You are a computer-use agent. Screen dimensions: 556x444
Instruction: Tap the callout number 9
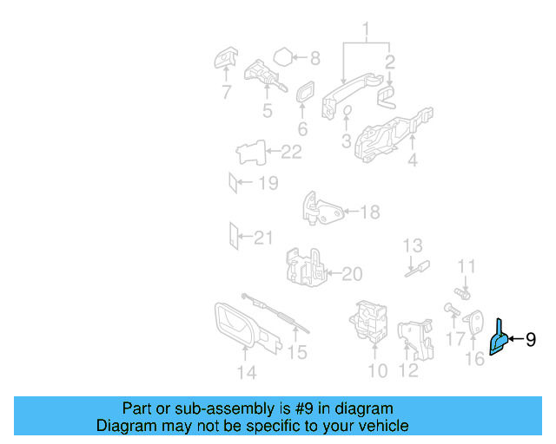click(531, 340)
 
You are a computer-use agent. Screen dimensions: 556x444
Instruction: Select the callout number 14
click(247, 373)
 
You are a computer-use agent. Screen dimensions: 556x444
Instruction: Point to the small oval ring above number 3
click(347, 110)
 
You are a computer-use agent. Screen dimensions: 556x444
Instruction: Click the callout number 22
click(291, 152)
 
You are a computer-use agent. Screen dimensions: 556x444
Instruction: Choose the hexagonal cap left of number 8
click(283, 56)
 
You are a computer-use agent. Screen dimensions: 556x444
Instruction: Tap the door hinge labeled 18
click(322, 210)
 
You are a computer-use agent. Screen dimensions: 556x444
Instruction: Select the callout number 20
click(352, 274)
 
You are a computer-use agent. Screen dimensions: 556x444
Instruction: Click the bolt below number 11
click(463, 293)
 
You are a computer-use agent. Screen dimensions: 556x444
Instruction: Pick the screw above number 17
click(452, 309)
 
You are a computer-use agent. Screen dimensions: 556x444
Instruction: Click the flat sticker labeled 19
click(233, 183)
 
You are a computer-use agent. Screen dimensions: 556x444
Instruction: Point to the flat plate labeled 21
click(234, 236)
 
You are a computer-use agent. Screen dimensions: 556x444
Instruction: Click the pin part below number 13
click(417, 269)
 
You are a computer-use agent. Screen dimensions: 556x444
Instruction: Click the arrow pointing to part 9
click(517, 339)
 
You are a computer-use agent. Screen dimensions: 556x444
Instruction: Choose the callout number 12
click(408, 370)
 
